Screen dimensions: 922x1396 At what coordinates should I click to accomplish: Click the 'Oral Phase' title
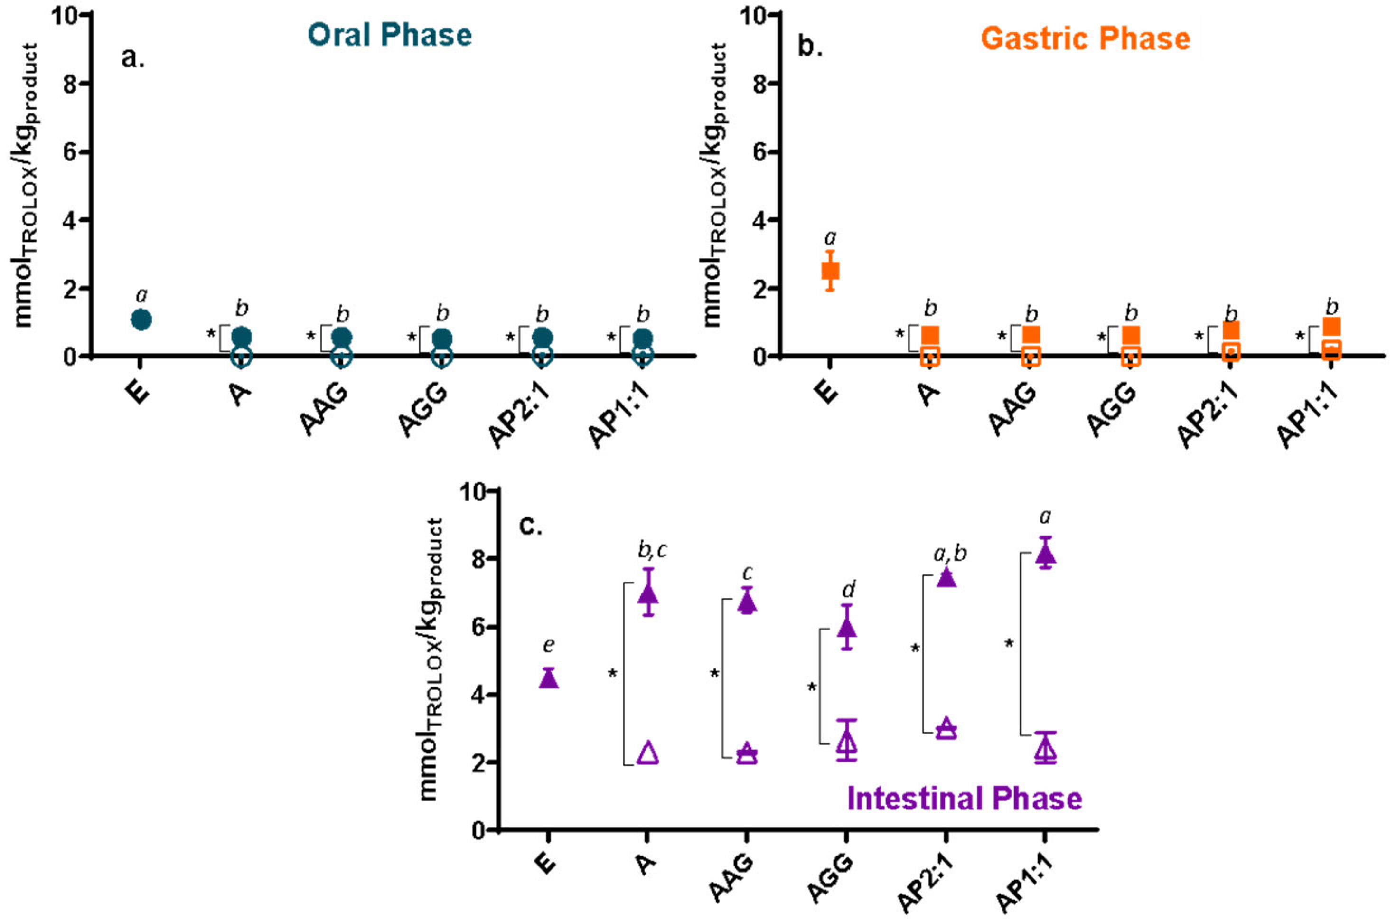point(390,35)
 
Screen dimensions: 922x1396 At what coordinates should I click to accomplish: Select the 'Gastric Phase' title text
point(1085,39)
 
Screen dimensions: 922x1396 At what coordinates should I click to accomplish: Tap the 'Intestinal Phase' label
point(964,799)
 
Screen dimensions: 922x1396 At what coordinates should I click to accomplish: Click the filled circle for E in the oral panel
point(141,320)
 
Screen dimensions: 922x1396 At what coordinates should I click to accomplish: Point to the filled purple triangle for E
point(548,678)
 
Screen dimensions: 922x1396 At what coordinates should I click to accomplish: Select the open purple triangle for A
point(648,753)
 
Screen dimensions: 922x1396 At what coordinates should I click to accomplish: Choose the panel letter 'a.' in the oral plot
point(133,59)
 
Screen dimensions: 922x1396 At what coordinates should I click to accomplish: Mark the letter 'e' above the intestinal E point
point(548,646)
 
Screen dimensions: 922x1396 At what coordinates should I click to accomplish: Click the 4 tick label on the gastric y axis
point(758,220)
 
